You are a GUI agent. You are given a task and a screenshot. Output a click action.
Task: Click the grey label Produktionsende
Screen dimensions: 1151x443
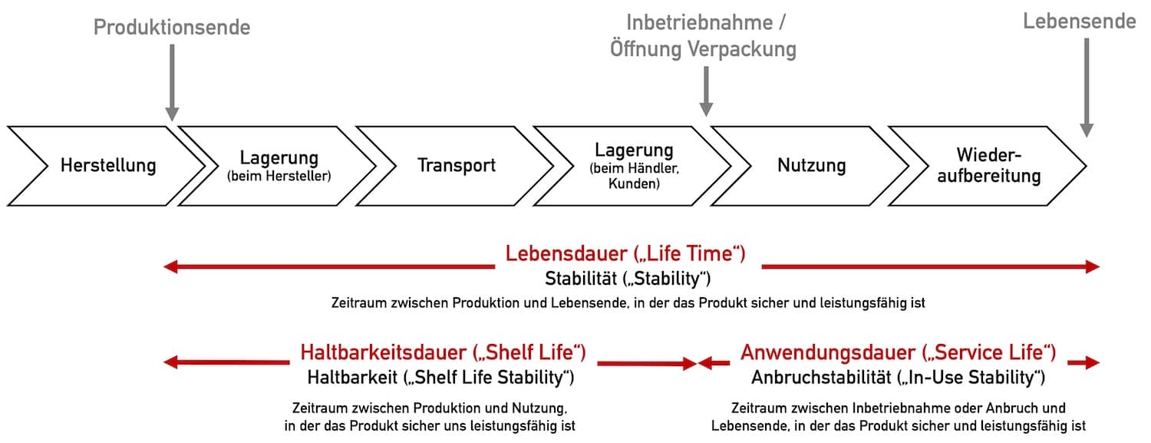pyautogui.click(x=172, y=27)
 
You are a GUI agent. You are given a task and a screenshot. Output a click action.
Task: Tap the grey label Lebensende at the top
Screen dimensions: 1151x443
pyautogui.click(x=1079, y=21)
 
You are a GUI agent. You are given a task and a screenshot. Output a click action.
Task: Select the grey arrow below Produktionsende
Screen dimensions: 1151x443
pyautogui.click(x=172, y=83)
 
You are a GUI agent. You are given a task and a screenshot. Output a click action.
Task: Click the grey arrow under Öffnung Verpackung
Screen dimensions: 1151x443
pyautogui.click(x=706, y=91)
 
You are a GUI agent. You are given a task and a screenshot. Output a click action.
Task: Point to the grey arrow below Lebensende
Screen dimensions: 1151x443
pyautogui.click(x=1087, y=88)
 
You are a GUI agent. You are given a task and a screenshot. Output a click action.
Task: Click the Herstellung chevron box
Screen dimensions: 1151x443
pyautogui.click(x=105, y=166)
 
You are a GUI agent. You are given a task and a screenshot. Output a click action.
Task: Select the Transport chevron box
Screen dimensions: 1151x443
pyautogui.click(x=455, y=166)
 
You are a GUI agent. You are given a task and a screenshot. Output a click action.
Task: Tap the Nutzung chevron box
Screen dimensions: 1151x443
pyautogui.click(x=810, y=166)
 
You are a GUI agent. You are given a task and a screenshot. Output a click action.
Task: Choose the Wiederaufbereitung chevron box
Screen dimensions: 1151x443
pyautogui.click(x=988, y=166)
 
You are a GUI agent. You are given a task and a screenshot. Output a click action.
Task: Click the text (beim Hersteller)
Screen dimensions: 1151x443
pyautogui.click(x=279, y=177)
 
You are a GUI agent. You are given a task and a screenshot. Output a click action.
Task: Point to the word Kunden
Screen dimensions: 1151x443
pyautogui.click(x=634, y=183)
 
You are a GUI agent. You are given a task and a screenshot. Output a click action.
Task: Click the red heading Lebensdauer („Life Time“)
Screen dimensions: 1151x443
pyautogui.click(x=625, y=254)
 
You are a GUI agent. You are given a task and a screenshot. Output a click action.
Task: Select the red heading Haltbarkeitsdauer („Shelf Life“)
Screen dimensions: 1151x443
pyautogui.click(x=443, y=352)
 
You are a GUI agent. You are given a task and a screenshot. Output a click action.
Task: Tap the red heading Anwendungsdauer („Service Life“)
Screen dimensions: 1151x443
pyautogui.click(x=899, y=352)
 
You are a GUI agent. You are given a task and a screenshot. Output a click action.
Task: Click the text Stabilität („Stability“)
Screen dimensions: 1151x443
pyautogui.click(x=628, y=279)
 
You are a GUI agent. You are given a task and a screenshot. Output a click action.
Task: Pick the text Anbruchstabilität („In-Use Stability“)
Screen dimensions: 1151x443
pyautogui.click(x=899, y=378)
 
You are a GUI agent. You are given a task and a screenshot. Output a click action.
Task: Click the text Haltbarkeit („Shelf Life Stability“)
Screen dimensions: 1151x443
pyautogui.click(x=441, y=378)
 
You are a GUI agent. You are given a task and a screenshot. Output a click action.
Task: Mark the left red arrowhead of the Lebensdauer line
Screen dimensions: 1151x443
pyautogui.click(x=170, y=266)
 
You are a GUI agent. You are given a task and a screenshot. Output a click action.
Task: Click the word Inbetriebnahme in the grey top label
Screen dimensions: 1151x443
pyautogui.click(x=699, y=22)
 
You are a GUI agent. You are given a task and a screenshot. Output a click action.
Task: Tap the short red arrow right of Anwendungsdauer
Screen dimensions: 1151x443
pyautogui.click(x=1083, y=363)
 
